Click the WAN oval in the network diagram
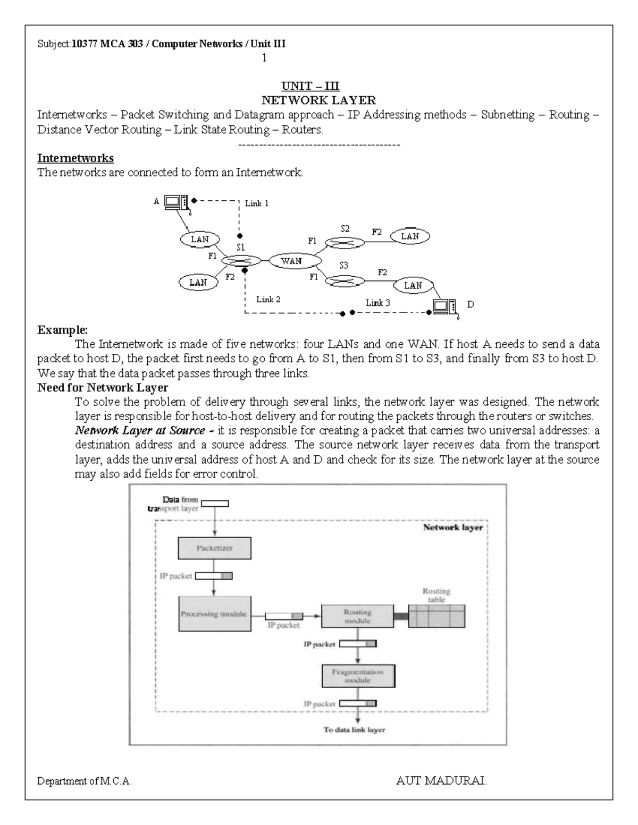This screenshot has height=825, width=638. (x=291, y=260)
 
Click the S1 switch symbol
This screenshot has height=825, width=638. (x=241, y=261)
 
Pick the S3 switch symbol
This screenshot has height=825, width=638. (x=344, y=279)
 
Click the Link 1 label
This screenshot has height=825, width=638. (x=256, y=203)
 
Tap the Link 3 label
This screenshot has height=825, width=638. (x=377, y=303)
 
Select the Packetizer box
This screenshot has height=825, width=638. (x=214, y=548)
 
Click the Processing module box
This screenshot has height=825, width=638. (x=214, y=614)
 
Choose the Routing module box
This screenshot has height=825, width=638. (x=358, y=616)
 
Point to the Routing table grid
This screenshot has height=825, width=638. (x=436, y=616)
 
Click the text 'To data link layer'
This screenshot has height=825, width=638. (x=354, y=730)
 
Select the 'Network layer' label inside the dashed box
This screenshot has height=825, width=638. (x=452, y=528)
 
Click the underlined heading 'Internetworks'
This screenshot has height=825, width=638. (x=75, y=158)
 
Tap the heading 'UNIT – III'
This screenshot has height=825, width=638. (x=310, y=87)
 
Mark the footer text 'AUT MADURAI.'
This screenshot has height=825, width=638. (x=441, y=781)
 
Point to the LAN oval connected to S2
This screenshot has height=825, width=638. (x=410, y=236)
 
